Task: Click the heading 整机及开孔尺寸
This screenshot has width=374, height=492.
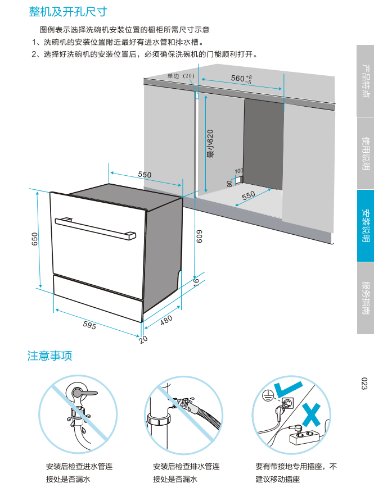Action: click(67, 11)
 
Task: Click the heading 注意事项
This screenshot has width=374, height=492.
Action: click(49, 356)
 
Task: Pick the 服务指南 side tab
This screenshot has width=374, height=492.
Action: click(365, 298)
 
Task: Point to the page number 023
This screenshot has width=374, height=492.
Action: click(364, 384)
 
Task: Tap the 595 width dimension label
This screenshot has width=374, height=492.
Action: click(89, 325)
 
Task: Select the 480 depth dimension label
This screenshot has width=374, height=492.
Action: click(166, 321)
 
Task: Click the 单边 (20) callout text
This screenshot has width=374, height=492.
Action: click(180, 75)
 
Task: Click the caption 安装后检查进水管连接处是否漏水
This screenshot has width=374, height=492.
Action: click(79, 472)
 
